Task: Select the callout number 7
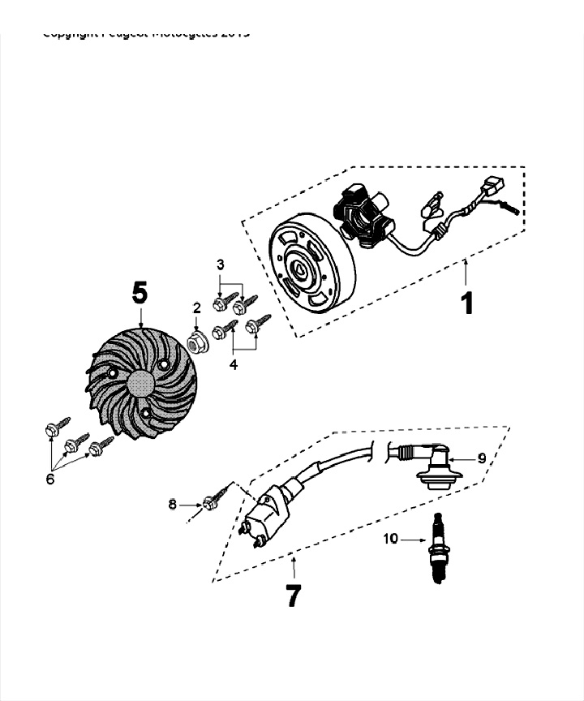292,598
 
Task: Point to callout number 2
196,307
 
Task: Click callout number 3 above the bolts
220,264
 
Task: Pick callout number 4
234,365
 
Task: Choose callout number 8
172,504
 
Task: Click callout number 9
481,458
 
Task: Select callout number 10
391,538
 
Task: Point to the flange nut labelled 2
195,341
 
